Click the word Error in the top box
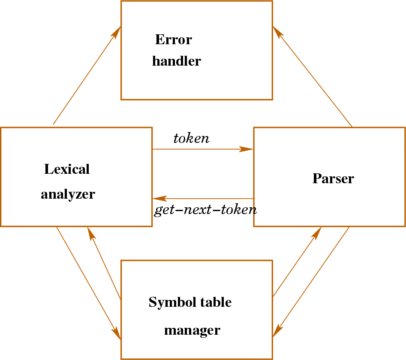[x=173, y=40]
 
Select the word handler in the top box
[x=176, y=61]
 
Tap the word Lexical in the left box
[x=67, y=169]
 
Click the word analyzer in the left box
[x=68, y=194]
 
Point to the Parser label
[x=333, y=178]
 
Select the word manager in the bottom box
[x=192, y=330]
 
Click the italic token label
[x=191, y=139]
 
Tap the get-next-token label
[x=205, y=210]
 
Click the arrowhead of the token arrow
[x=247, y=149]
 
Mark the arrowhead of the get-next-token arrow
[x=159, y=199]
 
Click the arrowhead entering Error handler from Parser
[x=277, y=32]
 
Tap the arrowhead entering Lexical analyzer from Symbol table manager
[x=90, y=233]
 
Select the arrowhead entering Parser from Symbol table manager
[x=317, y=233]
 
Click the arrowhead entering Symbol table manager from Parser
[x=277, y=330]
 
